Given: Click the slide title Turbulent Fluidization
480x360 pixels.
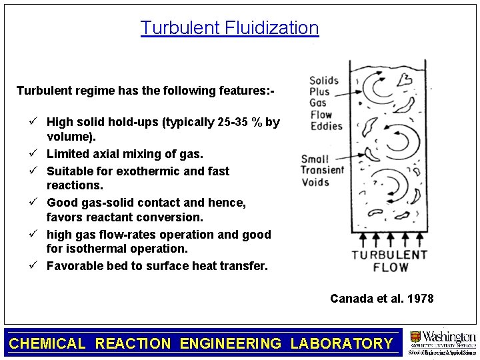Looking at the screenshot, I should pyautogui.click(x=229, y=28).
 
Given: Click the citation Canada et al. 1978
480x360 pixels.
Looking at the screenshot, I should pyautogui.click(x=381, y=299).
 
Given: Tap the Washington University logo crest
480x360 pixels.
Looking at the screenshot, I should pyautogui.click(x=415, y=337).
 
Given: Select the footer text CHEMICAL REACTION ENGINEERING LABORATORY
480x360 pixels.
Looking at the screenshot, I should pyautogui.click(x=201, y=343).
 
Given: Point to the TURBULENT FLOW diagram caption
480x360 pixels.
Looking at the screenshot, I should pyautogui.click(x=381, y=261).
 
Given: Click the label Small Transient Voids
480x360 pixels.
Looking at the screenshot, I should pyautogui.click(x=323, y=171).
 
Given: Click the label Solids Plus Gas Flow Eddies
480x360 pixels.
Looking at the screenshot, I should pyautogui.click(x=325, y=103).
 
